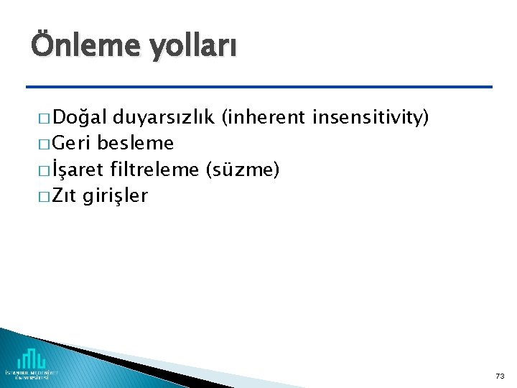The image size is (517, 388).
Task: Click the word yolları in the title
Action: click(x=192, y=47)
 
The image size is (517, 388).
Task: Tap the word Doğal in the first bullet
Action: click(x=80, y=117)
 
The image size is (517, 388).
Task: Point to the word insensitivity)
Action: click(x=371, y=117)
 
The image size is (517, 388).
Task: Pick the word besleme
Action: click(x=136, y=143)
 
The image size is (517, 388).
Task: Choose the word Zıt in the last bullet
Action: click(x=65, y=195)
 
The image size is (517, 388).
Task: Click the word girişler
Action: click(x=115, y=195)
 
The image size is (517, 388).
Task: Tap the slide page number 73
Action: click(x=500, y=376)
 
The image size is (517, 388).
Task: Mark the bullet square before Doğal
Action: click(x=40, y=119)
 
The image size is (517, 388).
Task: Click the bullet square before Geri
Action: click(x=40, y=144)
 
